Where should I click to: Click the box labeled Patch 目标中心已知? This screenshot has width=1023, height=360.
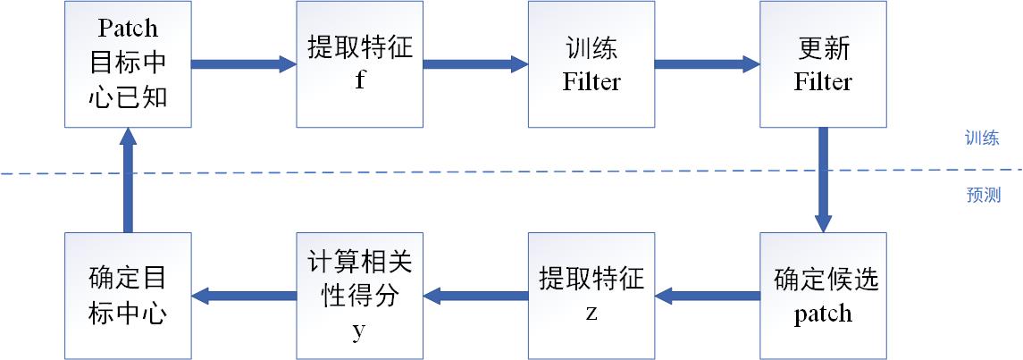(128, 64)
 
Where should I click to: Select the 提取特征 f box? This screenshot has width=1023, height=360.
(359, 64)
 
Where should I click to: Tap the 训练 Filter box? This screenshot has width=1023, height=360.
(591, 64)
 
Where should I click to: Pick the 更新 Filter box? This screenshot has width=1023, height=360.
(823, 64)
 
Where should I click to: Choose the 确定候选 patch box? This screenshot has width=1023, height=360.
(823, 296)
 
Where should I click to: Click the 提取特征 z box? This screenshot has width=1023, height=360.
(591, 296)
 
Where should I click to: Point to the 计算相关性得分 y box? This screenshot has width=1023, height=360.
(359, 296)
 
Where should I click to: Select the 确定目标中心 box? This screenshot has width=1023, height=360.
(128, 296)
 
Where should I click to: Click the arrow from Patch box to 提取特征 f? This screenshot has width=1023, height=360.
(243, 64)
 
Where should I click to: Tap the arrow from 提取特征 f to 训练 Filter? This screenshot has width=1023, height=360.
(474, 64)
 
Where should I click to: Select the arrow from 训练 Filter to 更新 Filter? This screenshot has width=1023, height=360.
(707, 64)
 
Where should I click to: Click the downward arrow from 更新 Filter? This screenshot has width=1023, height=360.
(823, 180)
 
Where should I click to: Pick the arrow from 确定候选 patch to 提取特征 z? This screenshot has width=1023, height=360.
(708, 296)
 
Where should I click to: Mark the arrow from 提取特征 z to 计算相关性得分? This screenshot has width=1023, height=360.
(475, 296)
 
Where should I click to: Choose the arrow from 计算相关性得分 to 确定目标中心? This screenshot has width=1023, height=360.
(244, 296)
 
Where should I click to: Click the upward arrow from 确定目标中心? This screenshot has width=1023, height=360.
(128, 180)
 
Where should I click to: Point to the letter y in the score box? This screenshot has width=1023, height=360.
(359, 331)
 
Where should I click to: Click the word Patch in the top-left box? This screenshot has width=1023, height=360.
(128, 28)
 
